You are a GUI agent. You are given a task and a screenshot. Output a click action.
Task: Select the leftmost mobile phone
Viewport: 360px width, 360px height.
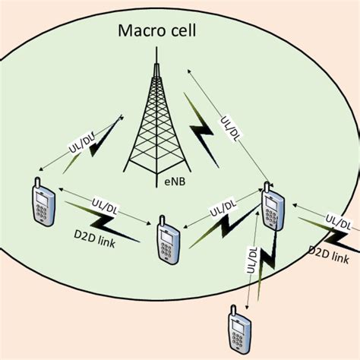[43, 202]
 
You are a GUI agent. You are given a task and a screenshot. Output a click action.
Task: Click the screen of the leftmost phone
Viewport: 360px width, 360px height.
[43, 197]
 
